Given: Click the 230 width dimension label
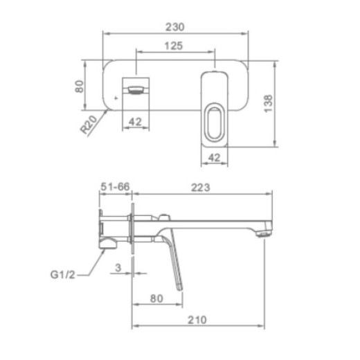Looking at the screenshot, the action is point(175,27).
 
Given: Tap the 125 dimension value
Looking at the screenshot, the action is point(174,46).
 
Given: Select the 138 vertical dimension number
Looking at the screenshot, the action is point(268,104).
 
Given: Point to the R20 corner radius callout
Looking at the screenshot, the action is point(89,125).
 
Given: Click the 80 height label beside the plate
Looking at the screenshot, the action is point(80,87).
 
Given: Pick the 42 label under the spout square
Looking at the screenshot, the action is point(135,121).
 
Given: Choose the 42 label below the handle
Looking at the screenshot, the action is point(215,158).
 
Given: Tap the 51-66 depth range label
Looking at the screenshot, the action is point(116,186).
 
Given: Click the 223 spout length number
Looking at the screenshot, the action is point(201,188).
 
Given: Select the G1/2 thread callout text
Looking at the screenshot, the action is point(63,275).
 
